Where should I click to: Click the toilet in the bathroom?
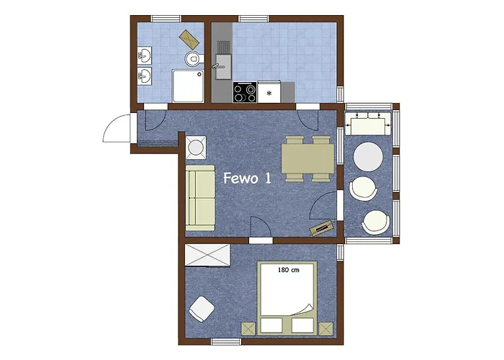tap(194, 58)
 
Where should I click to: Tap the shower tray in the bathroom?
tap(188, 86)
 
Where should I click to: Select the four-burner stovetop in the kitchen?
tap(245, 92)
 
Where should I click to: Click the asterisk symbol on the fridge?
tap(269, 93)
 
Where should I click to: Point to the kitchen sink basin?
tap(222, 66)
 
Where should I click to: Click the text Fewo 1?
tap(247, 178)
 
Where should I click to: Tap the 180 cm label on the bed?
tap(288, 270)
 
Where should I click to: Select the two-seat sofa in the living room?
tap(200, 198)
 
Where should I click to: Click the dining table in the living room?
tap(308, 159)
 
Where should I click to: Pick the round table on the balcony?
tap(368, 157)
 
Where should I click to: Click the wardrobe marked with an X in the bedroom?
tap(207, 255)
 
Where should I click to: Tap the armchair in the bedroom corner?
tap(202, 309)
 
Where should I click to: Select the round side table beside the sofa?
tap(196, 148)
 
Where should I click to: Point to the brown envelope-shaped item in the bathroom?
tap(189, 39)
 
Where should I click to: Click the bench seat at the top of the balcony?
tap(368, 124)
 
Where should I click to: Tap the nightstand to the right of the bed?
tap(327, 329)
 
